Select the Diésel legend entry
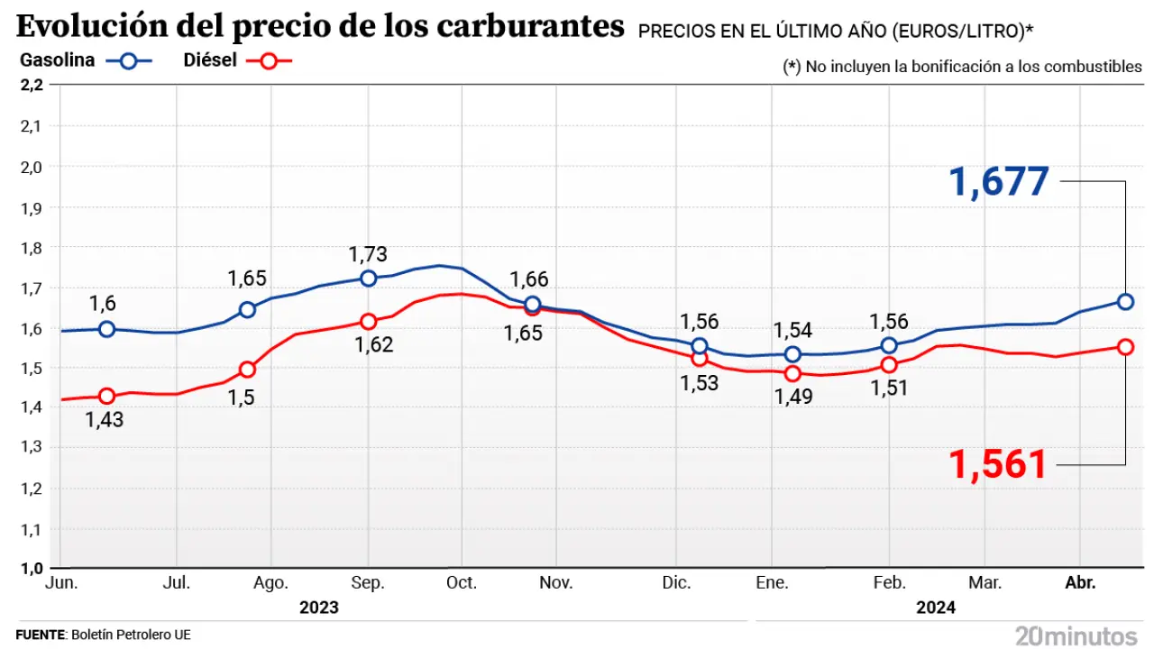tap(237, 61)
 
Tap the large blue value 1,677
tap(999, 181)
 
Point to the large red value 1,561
tap(997, 464)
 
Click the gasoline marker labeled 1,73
tap(368, 279)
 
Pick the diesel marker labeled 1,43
tap(107, 397)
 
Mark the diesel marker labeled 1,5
tap(247, 370)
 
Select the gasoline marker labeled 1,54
tap(792, 354)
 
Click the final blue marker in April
tap(1125, 302)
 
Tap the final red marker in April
tap(1125, 347)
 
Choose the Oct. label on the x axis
tap(462, 584)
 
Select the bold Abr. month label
tap(1080, 584)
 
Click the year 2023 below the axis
tap(319, 608)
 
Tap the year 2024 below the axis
tap(936, 608)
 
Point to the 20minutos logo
tap(1076, 635)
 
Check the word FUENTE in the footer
tap(41, 635)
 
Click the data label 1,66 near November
tap(529, 280)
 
